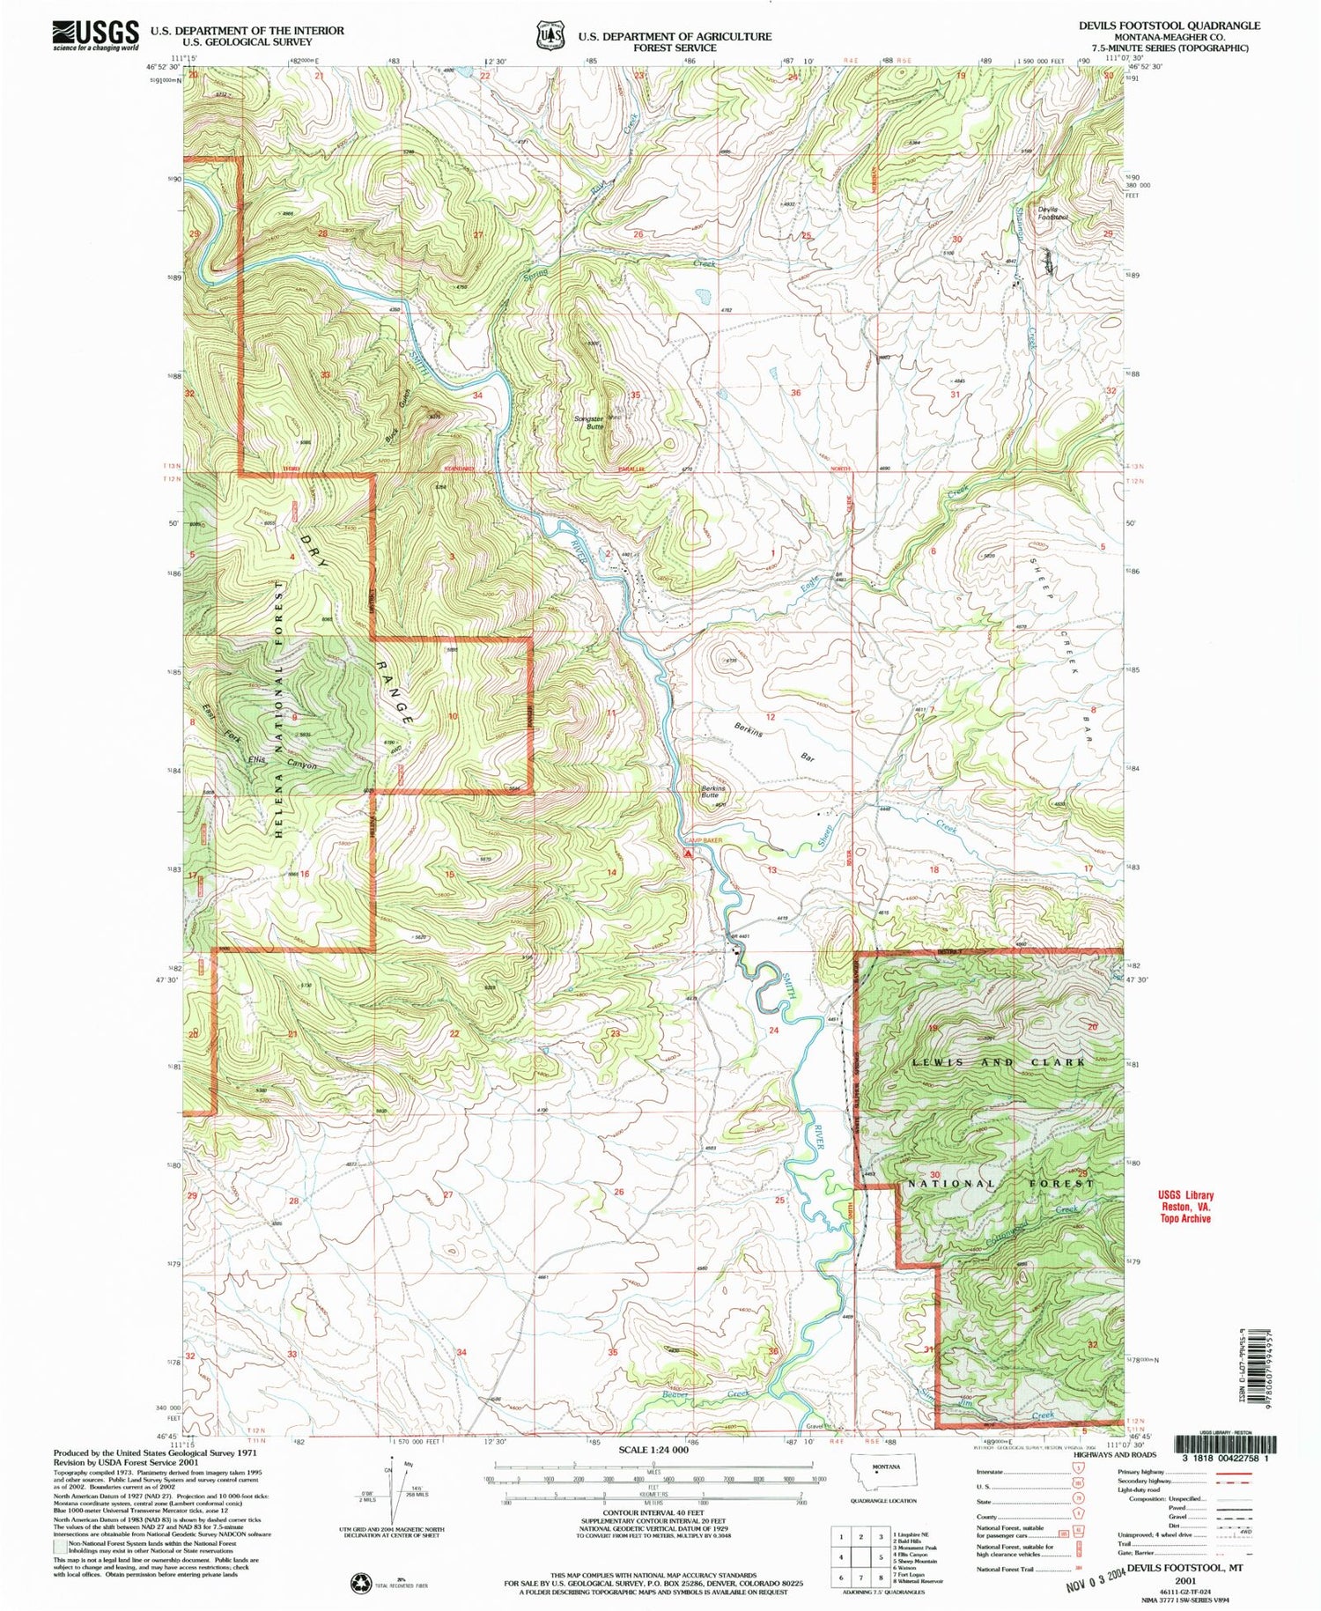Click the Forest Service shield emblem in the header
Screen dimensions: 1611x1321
point(551,36)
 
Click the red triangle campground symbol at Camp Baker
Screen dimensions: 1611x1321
point(688,854)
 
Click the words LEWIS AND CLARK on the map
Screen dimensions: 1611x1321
point(999,1062)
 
